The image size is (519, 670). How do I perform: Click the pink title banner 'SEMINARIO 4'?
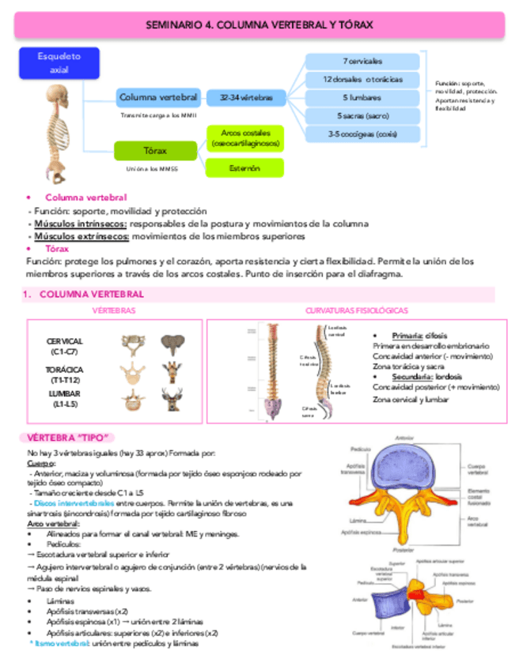click(259, 26)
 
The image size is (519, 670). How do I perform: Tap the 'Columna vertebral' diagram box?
click(158, 97)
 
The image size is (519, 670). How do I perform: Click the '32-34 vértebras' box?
click(241, 97)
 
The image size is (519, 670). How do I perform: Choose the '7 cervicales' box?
click(362, 61)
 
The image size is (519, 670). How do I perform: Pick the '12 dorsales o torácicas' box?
click(362, 79)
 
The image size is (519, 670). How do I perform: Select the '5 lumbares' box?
click(362, 97)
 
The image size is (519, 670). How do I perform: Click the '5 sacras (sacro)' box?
click(362, 115)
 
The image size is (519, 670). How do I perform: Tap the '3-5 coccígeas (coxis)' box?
click(362, 134)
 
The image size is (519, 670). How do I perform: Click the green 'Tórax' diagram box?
click(155, 150)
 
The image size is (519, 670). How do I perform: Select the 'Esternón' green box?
click(244, 167)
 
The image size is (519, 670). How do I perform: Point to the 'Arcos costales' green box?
click(244, 137)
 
